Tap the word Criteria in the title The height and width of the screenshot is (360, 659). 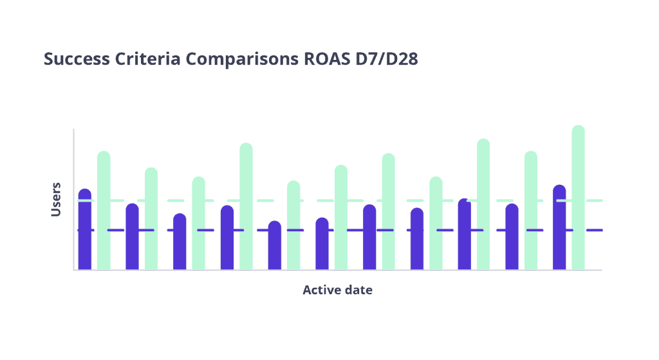(x=147, y=59)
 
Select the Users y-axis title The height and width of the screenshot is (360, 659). (x=57, y=199)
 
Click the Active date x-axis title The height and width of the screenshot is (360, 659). (x=337, y=290)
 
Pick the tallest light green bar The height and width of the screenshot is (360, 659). (x=578, y=193)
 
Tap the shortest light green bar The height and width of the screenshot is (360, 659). (x=293, y=225)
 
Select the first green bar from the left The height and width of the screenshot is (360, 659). (x=104, y=213)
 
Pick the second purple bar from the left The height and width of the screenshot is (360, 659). (x=132, y=238)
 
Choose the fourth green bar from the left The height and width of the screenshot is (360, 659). (x=246, y=206)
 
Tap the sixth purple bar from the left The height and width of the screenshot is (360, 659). (x=322, y=245)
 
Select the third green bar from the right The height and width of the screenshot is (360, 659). (x=483, y=206)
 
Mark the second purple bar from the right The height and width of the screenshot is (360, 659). (x=512, y=238)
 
